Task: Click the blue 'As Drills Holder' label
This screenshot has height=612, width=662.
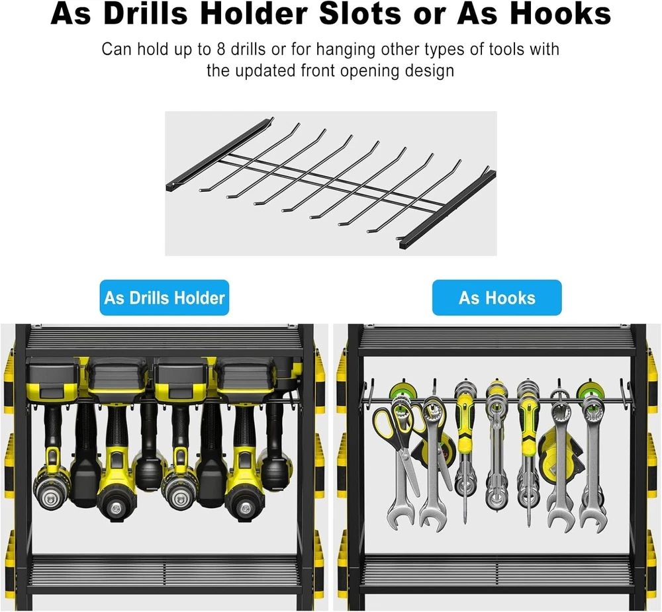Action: tap(164, 298)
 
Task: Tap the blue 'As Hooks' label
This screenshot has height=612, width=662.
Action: tap(497, 298)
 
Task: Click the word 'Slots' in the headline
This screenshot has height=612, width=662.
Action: tap(359, 13)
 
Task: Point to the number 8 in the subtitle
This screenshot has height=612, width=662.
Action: tap(221, 50)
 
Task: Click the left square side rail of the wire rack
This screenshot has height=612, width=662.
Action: tap(220, 154)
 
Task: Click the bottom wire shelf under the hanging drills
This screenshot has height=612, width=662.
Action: tap(165, 570)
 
